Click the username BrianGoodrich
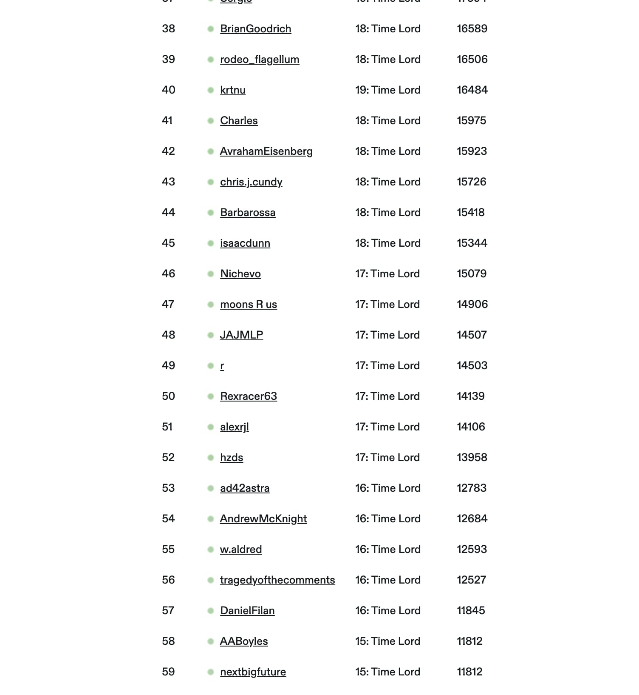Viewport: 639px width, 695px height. coord(255,29)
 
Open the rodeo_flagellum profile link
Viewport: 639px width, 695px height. coord(260,60)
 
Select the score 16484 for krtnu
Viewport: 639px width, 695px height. coord(472,90)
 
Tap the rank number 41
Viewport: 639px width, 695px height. coord(167,121)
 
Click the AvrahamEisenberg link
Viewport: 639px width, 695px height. coord(266,151)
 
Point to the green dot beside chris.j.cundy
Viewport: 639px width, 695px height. coord(211,182)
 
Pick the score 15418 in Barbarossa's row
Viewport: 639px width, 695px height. coord(470,213)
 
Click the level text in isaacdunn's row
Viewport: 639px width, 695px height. coord(387,243)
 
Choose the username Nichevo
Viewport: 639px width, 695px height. coord(240,274)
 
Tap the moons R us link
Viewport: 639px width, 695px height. coord(248,305)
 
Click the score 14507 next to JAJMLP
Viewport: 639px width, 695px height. coord(472,335)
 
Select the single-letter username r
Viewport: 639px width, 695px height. coord(222,366)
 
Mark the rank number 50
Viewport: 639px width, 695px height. coord(168,396)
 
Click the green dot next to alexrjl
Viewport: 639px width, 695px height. coord(211,427)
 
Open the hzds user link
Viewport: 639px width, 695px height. coord(232,458)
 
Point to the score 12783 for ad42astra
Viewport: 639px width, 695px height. coord(472,488)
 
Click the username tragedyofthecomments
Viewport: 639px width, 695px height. coord(277,580)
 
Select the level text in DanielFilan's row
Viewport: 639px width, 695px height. coord(387,611)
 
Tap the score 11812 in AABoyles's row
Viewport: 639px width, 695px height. coord(469,641)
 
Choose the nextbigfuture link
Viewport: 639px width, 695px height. coord(253,672)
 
